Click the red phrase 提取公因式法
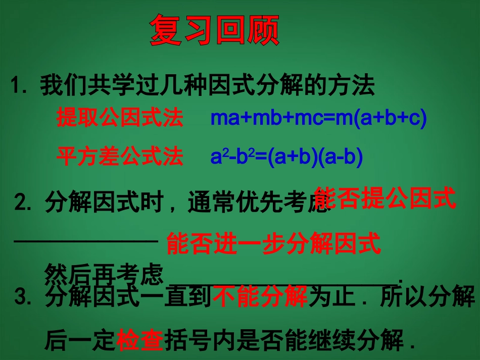pyautogui.click(x=120, y=118)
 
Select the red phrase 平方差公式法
pyautogui.click(x=120, y=157)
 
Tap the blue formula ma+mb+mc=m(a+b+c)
pyautogui.click(x=319, y=118)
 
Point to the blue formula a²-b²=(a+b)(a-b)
pyautogui.click(x=286, y=157)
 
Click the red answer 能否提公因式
pyautogui.click(x=385, y=198)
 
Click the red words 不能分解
pyautogui.click(x=260, y=296)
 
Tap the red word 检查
pyautogui.click(x=140, y=341)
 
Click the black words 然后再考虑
pyautogui.click(x=104, y=275)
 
